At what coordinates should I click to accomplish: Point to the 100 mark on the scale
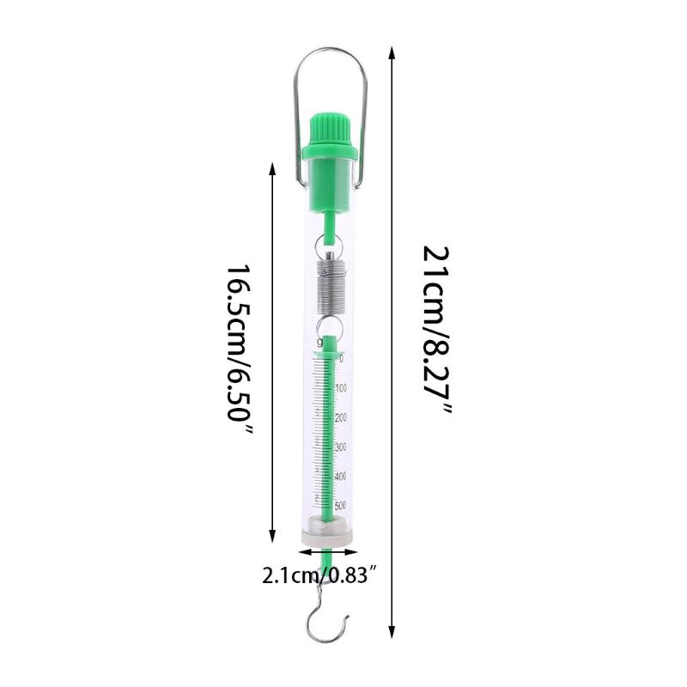(x=341, y=388)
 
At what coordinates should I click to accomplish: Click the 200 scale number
(x=341, y=418)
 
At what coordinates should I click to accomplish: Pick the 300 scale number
(x=341, y=447)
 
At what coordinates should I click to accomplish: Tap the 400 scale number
(x=341, y=476)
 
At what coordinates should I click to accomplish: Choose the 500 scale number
(x=341, y=505)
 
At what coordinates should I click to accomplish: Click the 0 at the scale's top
(x=341, y=358)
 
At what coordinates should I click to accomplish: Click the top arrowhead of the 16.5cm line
(x=273, y=166)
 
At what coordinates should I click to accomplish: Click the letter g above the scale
(x=320, y=343)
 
